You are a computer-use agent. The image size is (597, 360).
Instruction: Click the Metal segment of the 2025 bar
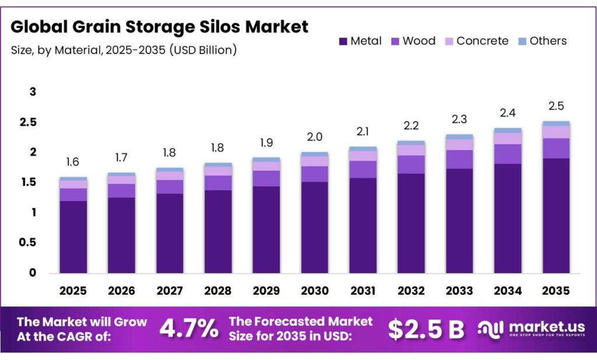(73, 237)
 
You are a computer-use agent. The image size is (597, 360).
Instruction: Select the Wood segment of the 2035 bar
(556, 148)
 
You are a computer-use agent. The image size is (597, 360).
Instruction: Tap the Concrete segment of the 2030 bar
(315, 161)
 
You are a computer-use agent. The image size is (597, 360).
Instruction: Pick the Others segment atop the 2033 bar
(459, 137)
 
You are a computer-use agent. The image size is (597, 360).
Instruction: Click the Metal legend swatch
(343, 41)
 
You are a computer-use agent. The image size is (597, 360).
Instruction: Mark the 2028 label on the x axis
(218, 290)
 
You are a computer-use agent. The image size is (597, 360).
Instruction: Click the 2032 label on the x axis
(411, 290)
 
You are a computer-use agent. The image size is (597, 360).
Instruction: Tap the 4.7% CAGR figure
(189, 329)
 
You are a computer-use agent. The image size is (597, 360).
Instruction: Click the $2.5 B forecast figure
(426, 329)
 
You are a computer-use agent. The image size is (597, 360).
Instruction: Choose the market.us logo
(531, 329)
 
